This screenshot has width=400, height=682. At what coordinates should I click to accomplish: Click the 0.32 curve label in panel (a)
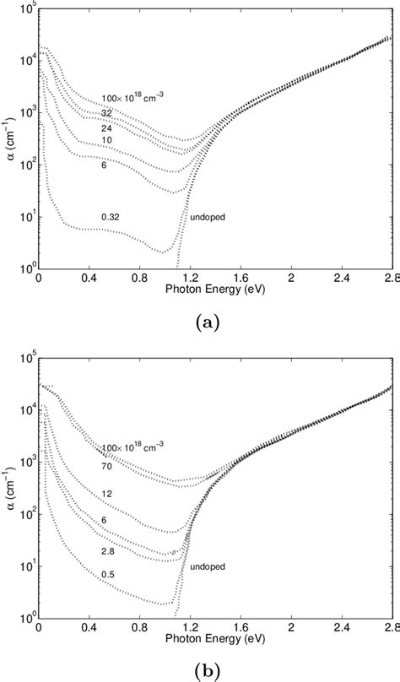110,217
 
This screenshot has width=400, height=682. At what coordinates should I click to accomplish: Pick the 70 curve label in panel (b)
106,465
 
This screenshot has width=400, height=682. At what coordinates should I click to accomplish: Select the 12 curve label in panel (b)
106,493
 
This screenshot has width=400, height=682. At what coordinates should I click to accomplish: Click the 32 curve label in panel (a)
106,112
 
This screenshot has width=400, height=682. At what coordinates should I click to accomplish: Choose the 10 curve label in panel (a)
106,140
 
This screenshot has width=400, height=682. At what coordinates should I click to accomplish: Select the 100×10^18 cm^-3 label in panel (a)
132,98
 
